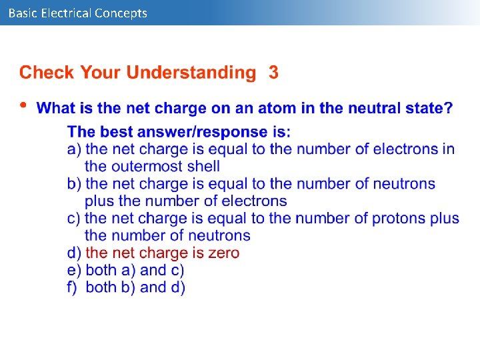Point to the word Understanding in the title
pyautogui.click(x=191, y=72)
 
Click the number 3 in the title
pyautogui.click(x=273, y=72)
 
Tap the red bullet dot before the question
pyautogui.click(x=23, y=105)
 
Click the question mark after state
pyautogui.click(x=449, y=108)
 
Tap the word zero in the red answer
pyautogui.click(x=223, y=253)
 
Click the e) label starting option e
pyautogui.click(x=74, y=270)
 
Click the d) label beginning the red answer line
pyautogui.click(x=74, y=253)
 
